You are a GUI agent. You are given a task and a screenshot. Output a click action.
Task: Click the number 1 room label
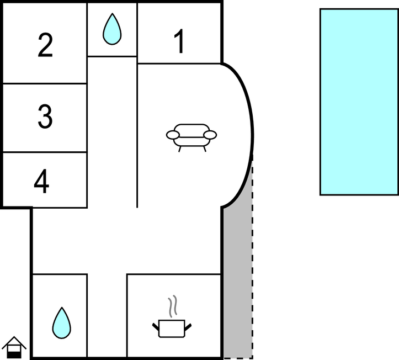(x=180, y=41)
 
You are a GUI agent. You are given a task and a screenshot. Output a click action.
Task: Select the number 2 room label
(x=45, y=45)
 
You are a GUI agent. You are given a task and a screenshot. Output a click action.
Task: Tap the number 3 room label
(x=45, y=116)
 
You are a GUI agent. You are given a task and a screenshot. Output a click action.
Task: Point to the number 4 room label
(x=41, y=181)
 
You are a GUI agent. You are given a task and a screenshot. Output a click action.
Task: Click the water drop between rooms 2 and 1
(x=112, y=29)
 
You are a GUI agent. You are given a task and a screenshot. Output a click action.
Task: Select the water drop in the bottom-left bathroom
(x=62, y=323)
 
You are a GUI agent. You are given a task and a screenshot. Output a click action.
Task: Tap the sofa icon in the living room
(x=191, y=137)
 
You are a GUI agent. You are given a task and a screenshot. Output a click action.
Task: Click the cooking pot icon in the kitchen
(x=172, y=329)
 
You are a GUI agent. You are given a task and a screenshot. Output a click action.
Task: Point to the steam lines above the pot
(x=173, y=306)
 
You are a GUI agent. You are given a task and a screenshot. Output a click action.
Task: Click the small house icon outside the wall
(x=14, y=347)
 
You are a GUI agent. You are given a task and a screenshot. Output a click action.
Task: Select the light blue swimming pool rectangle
(x=359, y=102)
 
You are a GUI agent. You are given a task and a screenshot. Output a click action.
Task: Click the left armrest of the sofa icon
(x=173, y=135)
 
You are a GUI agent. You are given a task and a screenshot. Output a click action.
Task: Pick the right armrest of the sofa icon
(x=210, y=135)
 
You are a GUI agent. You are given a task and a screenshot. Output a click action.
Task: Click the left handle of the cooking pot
(x=156, y=327)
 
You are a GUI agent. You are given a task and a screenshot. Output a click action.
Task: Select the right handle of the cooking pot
(x=188, y=327)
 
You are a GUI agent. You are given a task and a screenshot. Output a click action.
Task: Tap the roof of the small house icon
(x=14, y=342)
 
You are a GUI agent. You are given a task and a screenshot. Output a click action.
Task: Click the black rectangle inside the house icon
(x=14, y=355)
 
